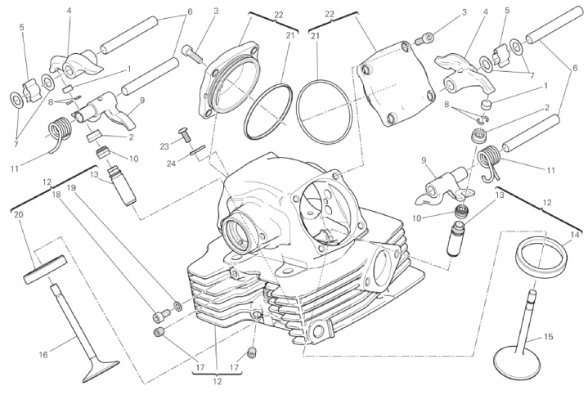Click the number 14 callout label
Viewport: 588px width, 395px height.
(x=574, y=236)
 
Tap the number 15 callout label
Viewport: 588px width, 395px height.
(x=548, y=337)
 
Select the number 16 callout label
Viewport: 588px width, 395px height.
(x=43, y=354)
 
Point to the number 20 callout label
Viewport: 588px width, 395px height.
(x=18, y=214)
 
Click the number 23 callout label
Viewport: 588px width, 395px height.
(x=164, y=146)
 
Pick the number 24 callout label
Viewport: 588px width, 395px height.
(x=171, y=164)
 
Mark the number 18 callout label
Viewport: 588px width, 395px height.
(x=56, y=195)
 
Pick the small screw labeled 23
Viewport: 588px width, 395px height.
(x=185, y=134)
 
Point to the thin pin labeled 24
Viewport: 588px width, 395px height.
(x=197, y=150)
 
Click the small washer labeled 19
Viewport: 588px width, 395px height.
(x=177, y=306)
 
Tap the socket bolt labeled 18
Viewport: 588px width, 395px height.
(x=159, y=316)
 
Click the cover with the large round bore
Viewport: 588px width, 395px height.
(x=230, y=81)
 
